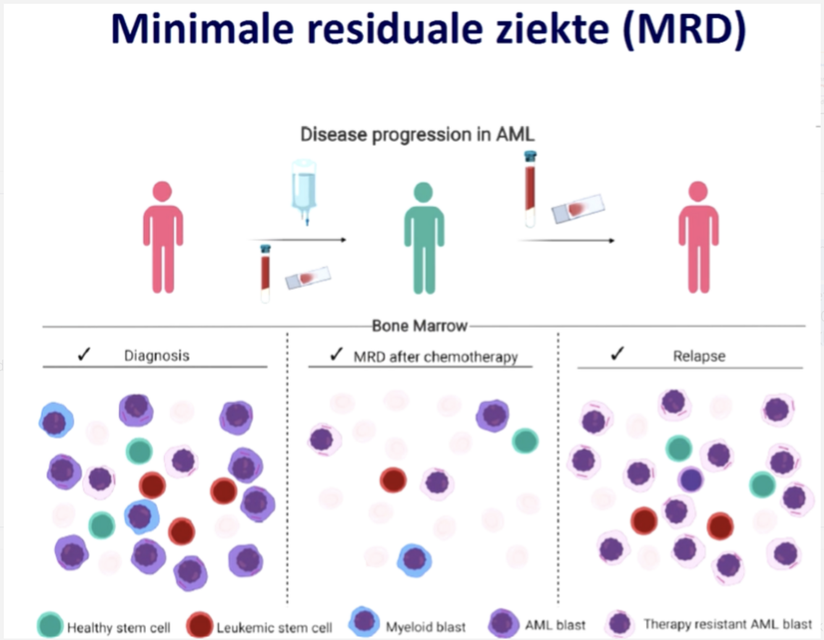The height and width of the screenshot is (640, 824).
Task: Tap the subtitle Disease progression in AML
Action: [417, 135]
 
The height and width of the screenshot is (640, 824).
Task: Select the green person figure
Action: [424, 238]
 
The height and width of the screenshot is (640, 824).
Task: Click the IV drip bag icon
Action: [304, 188]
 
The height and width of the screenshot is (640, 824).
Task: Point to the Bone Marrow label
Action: [419, 326]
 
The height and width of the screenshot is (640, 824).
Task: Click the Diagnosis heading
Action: [156, 356]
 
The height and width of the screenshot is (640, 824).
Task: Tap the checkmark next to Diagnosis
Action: [84, 354]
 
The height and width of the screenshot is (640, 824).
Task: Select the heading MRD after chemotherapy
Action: [435, 357]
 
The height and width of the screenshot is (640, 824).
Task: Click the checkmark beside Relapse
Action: [617, 353]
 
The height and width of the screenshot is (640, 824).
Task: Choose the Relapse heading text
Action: [699, 356]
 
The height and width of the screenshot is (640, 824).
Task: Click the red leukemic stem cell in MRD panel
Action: [393, 479]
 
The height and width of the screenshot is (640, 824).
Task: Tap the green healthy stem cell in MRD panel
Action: [524, 440]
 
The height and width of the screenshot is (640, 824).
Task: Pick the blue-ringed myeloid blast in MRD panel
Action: [414, 560]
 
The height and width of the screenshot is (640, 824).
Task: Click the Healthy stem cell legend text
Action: [119, 628]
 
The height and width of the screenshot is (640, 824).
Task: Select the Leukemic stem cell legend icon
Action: [200, 625]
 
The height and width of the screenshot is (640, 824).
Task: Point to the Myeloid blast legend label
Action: [426, 627]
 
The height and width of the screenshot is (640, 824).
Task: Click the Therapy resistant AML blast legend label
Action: [728, 625]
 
